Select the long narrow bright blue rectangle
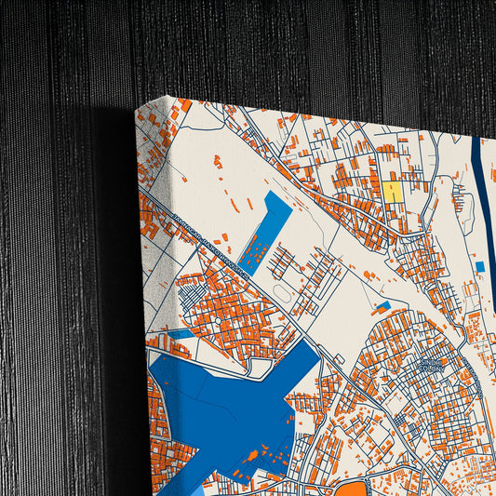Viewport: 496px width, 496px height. [265, 231]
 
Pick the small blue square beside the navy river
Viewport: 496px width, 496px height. [479, 267]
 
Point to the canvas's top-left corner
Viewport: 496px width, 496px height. [137, 109]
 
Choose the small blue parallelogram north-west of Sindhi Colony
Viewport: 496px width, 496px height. [382, 306]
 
